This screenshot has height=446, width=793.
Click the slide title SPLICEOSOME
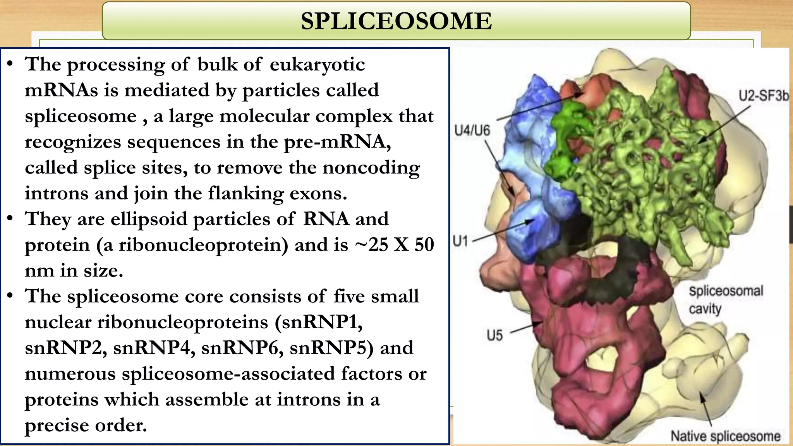[x=396, y=21]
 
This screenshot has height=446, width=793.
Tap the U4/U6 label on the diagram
[x=472, y=130]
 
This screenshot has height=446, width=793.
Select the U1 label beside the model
[x=460, y=241]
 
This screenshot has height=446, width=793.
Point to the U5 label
[x=494, y=335]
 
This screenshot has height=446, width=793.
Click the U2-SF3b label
[x=763, y=95]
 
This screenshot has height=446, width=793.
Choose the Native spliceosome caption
[x=725, y=436]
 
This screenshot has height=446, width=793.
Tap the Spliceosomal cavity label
[x=725, y=299]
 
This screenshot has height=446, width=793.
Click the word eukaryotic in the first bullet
[x=317, y=64]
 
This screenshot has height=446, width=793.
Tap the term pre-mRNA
[x=335, y=142]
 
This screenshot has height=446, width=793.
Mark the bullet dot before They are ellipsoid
[x=10, y=218]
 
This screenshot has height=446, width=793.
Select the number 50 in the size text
[x=424, y=245]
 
